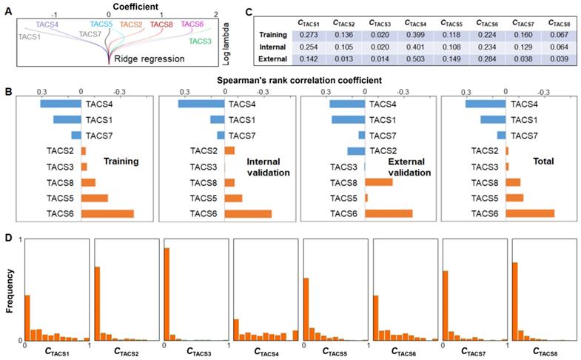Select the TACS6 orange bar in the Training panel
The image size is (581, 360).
[x=107, y=214]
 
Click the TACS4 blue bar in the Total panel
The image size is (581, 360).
[x=485, y=104]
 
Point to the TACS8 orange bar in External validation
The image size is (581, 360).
[x=378, y=182]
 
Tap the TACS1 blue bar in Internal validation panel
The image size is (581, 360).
[x=217, y=119]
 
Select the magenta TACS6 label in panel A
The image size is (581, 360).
[x=191, y=24]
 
